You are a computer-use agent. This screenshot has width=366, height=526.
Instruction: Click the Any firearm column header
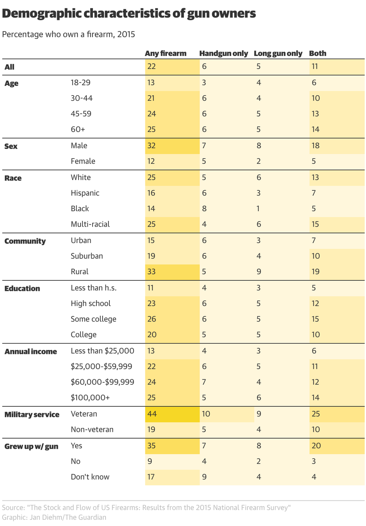[165, 53]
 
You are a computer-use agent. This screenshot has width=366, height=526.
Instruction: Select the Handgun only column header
[224, 53]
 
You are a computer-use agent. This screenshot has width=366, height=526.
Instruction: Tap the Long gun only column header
[278, 53]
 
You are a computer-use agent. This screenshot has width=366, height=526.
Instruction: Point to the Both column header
[317, 53]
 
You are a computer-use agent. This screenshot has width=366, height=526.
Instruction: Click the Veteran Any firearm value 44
[152, 414]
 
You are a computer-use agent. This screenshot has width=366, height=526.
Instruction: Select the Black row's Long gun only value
[258, 209]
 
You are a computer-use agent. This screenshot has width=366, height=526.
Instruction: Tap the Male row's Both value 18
[315, 146]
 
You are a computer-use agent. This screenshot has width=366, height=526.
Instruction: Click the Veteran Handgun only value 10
[206, 414]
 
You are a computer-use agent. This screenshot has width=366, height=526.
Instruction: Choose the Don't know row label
[90, 477]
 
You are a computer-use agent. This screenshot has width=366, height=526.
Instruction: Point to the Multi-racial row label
[90, 224]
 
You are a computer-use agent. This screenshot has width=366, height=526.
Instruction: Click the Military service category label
[32, 414]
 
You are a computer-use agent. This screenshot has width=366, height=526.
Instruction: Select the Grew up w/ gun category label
[31, 446]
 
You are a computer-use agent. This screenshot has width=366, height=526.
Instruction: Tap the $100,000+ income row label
[90, 398]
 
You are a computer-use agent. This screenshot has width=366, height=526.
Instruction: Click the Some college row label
[93, 319]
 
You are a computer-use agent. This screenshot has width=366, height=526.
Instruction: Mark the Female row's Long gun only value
[258, 161]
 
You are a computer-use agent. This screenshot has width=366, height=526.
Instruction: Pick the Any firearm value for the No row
[150, 461]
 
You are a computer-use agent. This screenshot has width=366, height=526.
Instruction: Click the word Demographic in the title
[41, 14]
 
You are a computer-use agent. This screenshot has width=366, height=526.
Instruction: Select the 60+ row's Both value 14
[315, 129]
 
